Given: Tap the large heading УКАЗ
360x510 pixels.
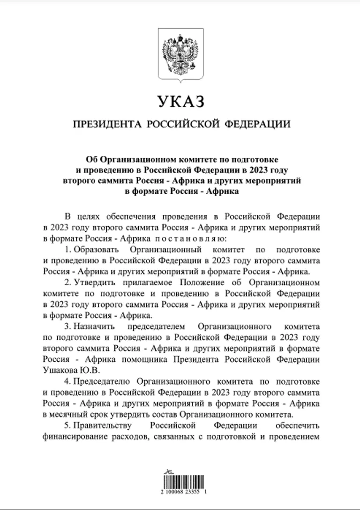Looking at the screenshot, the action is [x=180, y=101].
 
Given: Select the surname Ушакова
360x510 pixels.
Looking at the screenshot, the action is [x=60, y=370].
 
